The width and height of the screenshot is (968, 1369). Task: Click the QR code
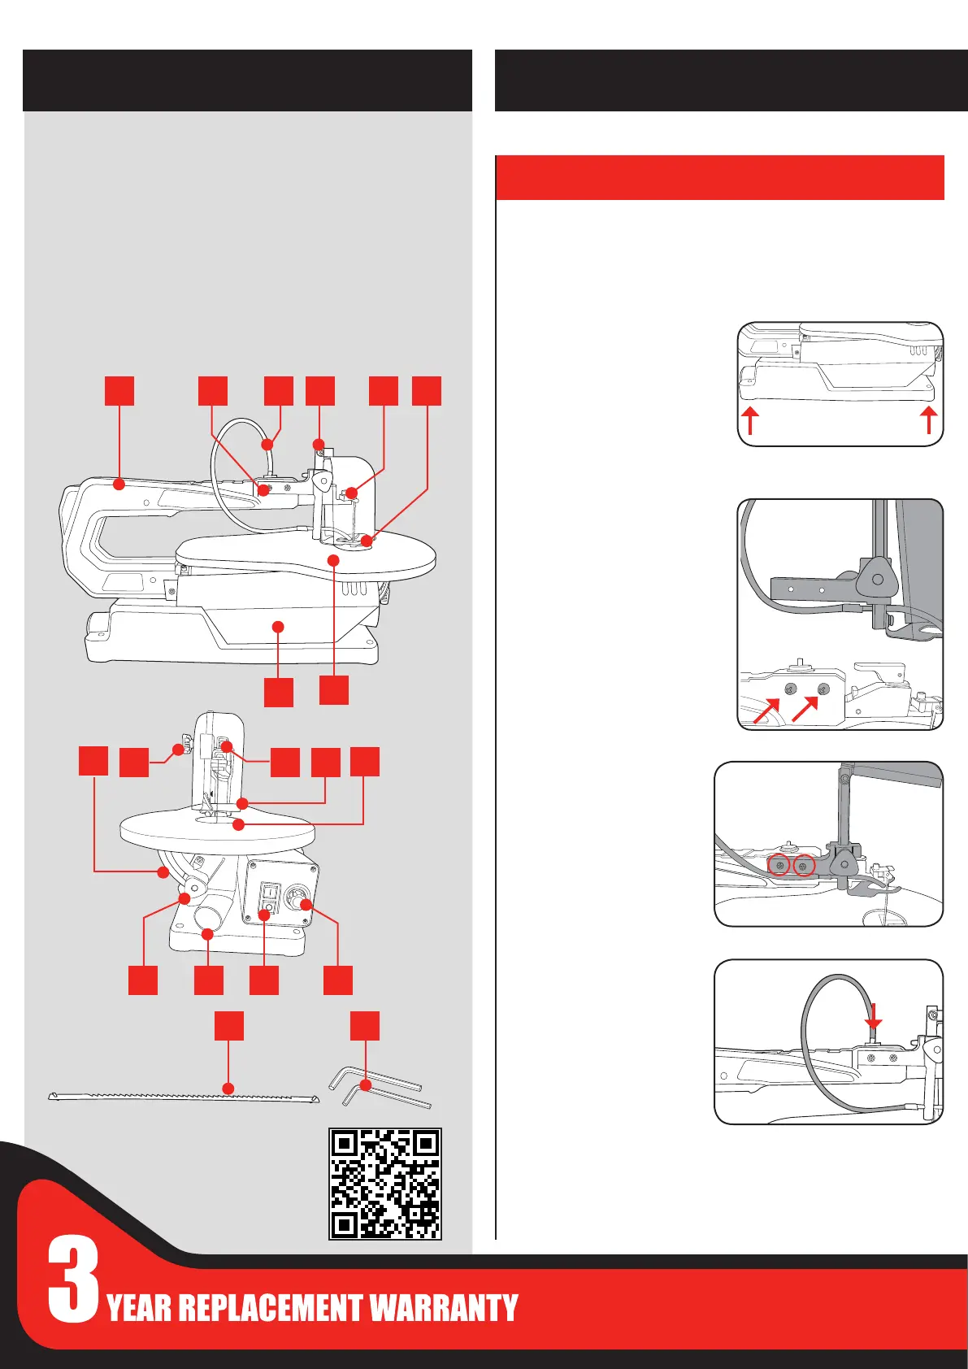384,1183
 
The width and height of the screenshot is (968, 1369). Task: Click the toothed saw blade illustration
183,1097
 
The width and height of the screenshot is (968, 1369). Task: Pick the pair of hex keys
379,1089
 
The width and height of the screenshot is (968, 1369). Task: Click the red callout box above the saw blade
229,1025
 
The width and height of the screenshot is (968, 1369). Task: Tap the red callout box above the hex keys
365,1025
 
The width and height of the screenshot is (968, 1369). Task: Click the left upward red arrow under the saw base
750,421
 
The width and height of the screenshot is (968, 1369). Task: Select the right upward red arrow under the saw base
929,421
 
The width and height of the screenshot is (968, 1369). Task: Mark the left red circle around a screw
779,867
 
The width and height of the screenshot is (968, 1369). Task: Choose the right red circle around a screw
804,867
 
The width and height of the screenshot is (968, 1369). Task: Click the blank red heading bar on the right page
719,177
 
